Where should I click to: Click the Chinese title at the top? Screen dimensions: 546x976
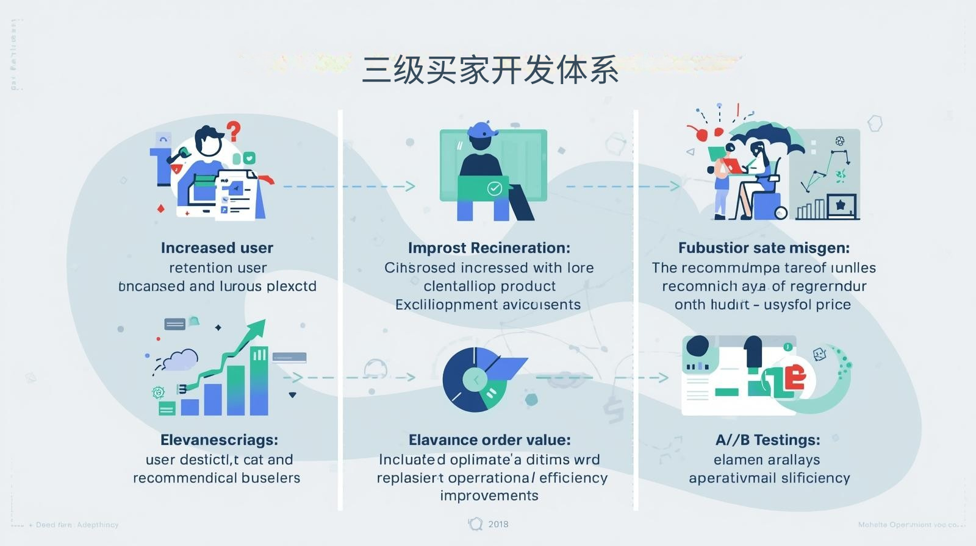point(490,70)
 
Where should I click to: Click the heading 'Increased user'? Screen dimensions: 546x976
point(217,248)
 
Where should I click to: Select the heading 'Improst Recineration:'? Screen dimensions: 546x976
point(489,248)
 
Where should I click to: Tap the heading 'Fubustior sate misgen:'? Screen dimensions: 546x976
point(764,248)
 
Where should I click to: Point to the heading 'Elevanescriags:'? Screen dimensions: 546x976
point(219,440)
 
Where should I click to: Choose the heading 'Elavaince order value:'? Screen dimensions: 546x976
point(489,440)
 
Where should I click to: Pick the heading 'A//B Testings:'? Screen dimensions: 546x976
point(767,440)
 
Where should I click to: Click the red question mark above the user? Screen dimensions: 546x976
point(234,130)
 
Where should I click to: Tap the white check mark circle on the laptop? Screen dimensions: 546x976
point(495,188)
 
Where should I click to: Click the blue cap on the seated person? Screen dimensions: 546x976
point(482,130)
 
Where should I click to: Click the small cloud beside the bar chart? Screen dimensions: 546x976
point(181,360)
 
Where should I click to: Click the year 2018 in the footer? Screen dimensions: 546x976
point(498,524)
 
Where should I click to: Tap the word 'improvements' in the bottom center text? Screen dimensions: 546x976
point(489,495)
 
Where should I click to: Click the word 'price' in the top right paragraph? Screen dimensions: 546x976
point(833,305)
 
